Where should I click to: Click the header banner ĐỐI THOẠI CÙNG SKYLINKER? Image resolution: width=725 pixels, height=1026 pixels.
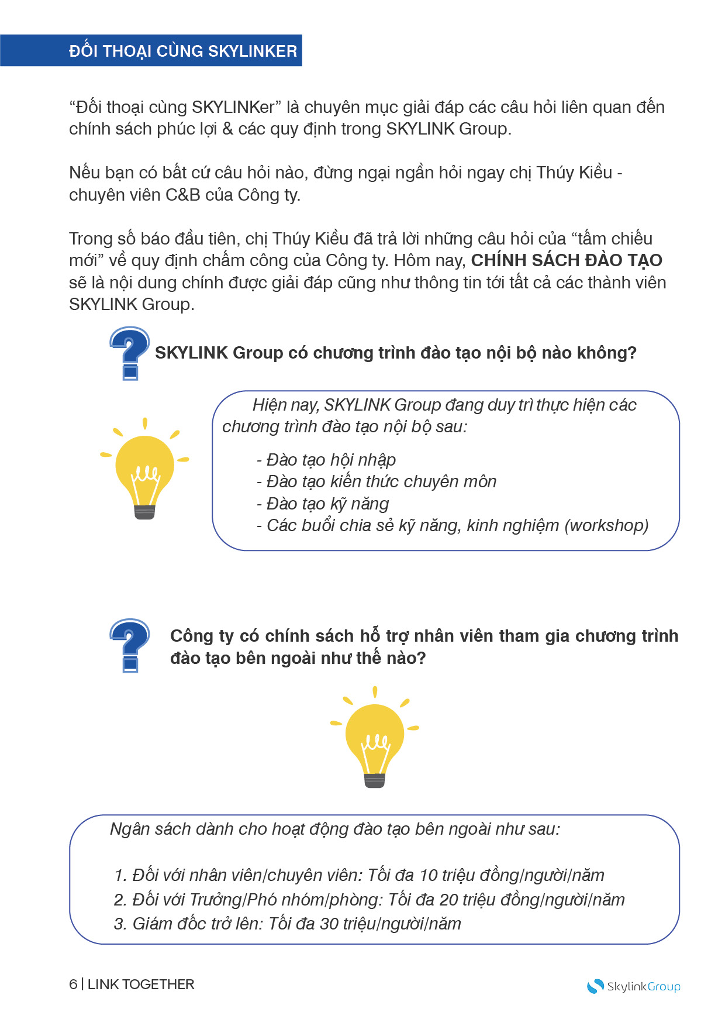[x=182, y=51]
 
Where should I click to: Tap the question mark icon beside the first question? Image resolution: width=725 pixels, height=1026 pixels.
[x=130, y=353]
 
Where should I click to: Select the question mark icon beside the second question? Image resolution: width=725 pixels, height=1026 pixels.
[x=130, y=645]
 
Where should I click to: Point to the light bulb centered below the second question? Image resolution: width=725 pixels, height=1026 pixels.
[x=375, y=738]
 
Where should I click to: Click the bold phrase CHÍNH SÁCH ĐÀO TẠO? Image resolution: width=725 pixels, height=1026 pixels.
[x=567, y=260]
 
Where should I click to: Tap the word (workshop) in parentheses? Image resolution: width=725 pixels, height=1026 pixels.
[x=606, y=525]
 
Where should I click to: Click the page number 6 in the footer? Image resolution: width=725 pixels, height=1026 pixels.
[x=73, y=984]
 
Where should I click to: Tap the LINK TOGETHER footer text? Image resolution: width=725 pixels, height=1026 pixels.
[x=141, y=984]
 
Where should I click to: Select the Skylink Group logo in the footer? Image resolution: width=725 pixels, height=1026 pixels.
[x=634, y=986]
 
